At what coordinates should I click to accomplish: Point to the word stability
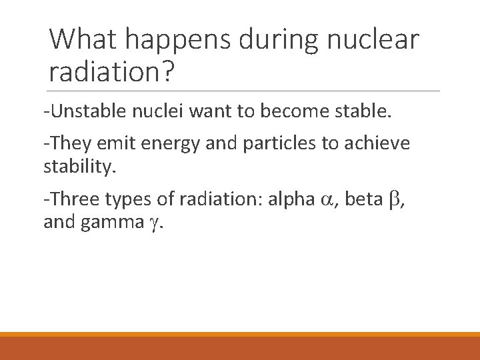click(79, 165)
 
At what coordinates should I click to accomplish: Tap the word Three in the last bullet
click(73, 199)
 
